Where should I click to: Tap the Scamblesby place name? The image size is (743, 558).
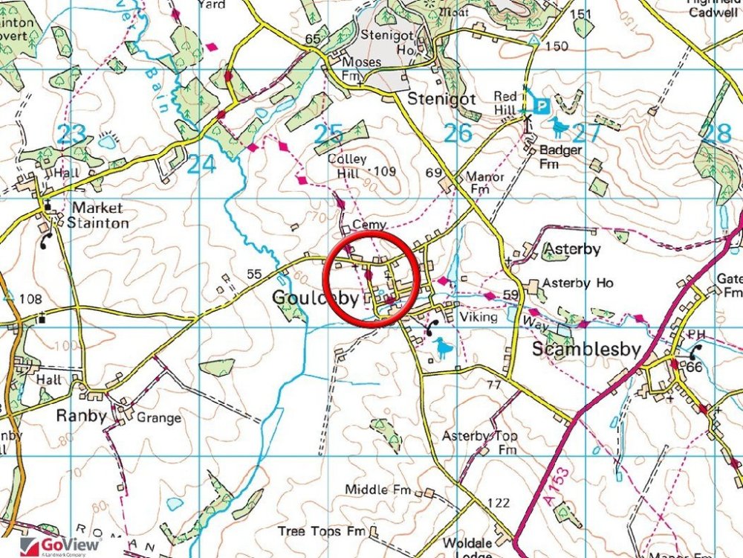pyautogui.click(x=586, y=350)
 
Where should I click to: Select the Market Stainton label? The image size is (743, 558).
pyautogui.click(x=100, y=215)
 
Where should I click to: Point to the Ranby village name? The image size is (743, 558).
pyautogui.click(x=81, y=416)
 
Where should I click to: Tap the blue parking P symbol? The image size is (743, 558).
pyautogui.click(x=542, y=106)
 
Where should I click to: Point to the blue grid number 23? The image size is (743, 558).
pyautogui.click(x=71, y=134)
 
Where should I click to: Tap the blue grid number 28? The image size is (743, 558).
pyautogui.click(x=716, y=133)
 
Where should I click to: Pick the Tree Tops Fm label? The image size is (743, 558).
pyautogui.click(x=321, y=531)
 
